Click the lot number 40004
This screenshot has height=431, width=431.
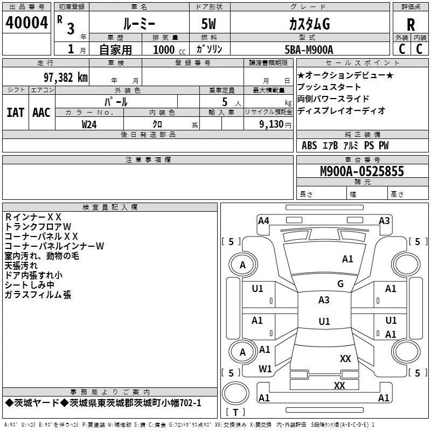click(26, 23)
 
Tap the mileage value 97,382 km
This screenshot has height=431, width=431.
click(66, 78)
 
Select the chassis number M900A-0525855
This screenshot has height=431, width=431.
click(362, 171)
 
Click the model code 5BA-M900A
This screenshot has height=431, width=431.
click(309, 50)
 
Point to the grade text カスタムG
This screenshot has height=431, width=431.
click(309, 24)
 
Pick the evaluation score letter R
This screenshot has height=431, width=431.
click(411, 25)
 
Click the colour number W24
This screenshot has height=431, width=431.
click(89, 124)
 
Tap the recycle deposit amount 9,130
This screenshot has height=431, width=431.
click(272, 124)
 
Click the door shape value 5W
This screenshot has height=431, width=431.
click(208, 24)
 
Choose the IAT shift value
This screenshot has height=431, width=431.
click(15, 113)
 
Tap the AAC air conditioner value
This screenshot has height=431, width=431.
click(41, 113)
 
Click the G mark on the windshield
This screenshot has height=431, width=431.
click(340, 284)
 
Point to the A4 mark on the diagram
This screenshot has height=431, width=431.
click(263, 221)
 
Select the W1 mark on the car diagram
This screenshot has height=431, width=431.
click(265, 369)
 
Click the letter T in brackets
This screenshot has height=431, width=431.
click(235, 412)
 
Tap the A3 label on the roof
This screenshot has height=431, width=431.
click(324, 300)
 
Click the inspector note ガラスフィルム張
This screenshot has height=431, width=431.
click(38, 295)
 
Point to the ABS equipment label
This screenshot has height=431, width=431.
click(309, 145)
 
